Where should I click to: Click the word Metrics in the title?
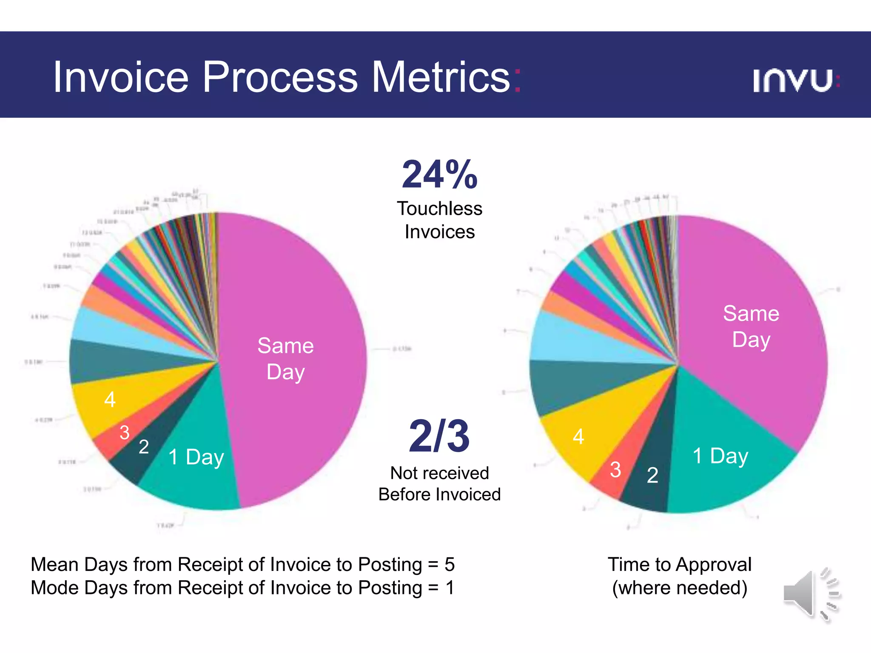coord(441,77)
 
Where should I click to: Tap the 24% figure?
coord(440,174)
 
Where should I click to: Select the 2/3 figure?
coord(439,436)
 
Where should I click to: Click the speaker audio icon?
coord(810,594)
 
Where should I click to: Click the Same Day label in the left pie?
coord(285,358)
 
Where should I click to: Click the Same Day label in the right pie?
coord(751,326)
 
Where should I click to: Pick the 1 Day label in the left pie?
coord(196,457)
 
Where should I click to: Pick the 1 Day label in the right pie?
coord(720,456)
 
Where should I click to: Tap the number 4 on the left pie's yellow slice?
coord(110,400)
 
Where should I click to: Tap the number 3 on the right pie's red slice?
coord(615,470)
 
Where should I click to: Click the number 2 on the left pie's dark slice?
coord(144,447)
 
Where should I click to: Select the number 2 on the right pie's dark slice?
coord(652,475)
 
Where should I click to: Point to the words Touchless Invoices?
coord(440,220)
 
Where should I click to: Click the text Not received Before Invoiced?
coord(440,484)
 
